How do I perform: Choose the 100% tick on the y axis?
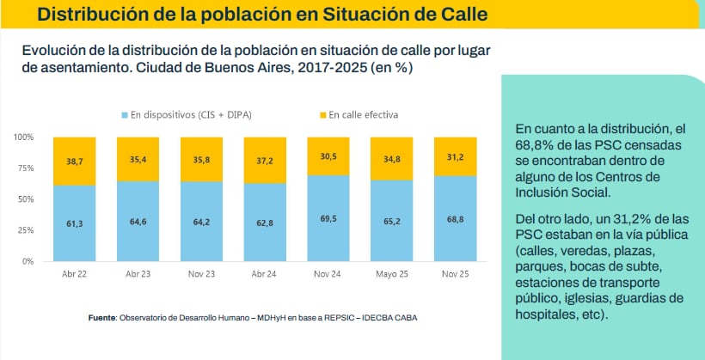23,137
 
